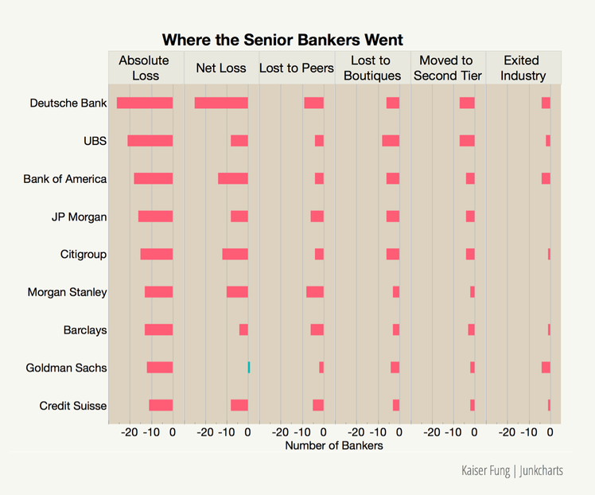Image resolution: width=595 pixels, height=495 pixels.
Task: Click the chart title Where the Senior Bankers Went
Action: point(282,40)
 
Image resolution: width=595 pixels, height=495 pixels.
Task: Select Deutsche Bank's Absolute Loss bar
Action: point(145,103)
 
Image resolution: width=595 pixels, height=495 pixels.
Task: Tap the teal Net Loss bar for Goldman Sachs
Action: point(249,368)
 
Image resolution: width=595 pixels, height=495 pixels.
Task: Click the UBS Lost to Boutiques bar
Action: point(391,141)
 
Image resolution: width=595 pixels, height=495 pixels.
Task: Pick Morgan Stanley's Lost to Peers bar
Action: point(315,292)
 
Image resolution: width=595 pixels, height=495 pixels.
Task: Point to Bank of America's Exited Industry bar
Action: point(546,178)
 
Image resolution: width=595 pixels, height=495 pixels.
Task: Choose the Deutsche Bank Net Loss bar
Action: point(221,103)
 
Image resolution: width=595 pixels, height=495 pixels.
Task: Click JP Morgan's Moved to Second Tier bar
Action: point(470,216)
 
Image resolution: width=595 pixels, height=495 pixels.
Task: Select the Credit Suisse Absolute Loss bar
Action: point(161,405)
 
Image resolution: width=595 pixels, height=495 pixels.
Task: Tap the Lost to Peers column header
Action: point(296,68)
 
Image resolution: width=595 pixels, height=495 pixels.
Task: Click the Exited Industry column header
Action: point(523,68)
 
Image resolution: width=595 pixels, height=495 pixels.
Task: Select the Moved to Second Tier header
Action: point(447,68)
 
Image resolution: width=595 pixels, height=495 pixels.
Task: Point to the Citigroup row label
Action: point(84,255)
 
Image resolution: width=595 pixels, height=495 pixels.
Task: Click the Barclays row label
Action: point(85,330)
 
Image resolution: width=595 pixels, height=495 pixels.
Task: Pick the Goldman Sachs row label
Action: point(66,368)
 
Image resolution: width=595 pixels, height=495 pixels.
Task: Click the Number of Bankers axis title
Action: point(334,446)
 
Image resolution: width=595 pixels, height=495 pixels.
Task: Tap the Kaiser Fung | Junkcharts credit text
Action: point(511,470)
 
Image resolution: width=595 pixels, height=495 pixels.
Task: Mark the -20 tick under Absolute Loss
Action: point(129,432)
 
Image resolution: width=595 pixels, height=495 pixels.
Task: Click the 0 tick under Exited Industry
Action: point(550,432)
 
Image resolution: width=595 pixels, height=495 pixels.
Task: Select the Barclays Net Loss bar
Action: point(243,329)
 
